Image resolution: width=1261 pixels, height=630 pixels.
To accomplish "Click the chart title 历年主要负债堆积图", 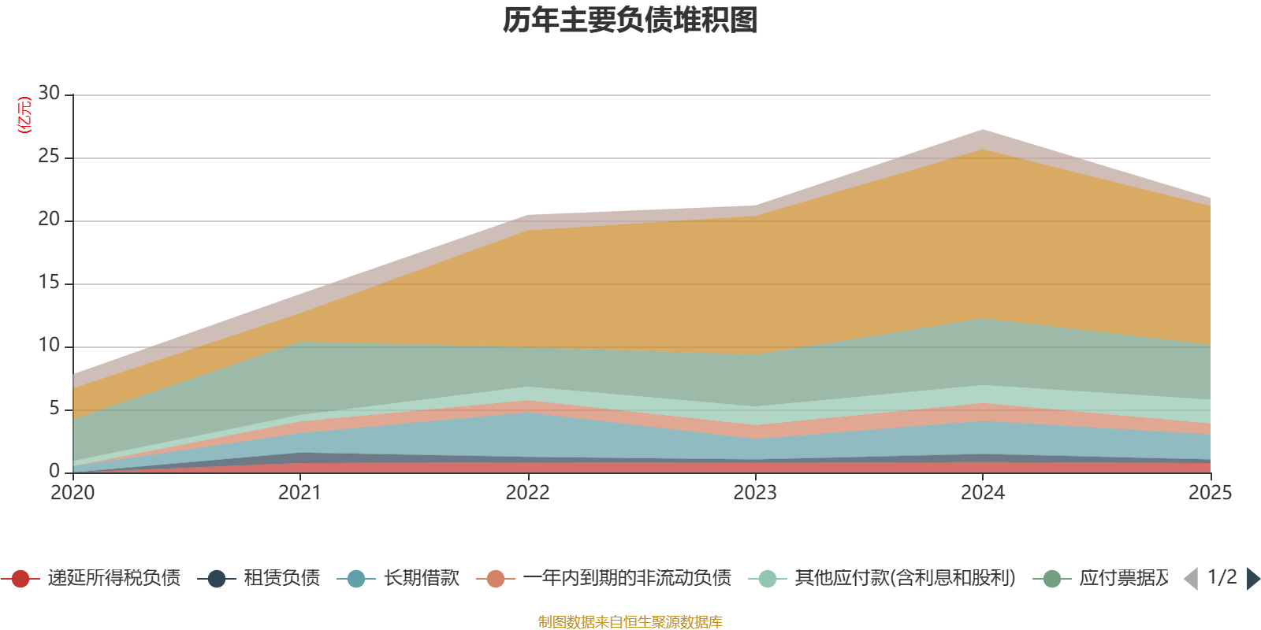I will pos(630,20).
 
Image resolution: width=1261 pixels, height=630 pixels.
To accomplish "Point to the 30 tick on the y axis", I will pos(49,94).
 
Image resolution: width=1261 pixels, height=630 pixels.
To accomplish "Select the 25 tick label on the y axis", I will pos(49,157).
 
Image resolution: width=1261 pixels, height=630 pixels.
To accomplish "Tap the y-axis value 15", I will pos(49,283).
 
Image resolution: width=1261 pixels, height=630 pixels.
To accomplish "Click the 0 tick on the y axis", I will pos(54,471).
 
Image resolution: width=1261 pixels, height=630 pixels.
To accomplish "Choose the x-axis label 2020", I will pos(73,493).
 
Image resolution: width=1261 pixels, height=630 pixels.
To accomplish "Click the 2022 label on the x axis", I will pos(527,493).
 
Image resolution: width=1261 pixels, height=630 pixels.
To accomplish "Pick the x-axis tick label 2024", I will pos(983,493).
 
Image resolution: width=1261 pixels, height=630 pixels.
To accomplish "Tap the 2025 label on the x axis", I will pos(1210,493).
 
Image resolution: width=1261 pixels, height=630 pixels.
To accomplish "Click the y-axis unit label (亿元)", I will pos(24,115).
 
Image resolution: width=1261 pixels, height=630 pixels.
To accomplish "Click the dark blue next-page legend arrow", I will pos(1253,579).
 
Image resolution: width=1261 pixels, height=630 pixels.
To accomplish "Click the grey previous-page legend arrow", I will pos(1191,579).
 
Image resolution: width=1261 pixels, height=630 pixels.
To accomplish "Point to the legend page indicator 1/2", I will pos(1222,577).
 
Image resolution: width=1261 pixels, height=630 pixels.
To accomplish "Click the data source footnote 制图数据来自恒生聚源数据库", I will pos(630,622).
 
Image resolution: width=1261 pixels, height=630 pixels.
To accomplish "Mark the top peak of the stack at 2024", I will pos(983,129).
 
